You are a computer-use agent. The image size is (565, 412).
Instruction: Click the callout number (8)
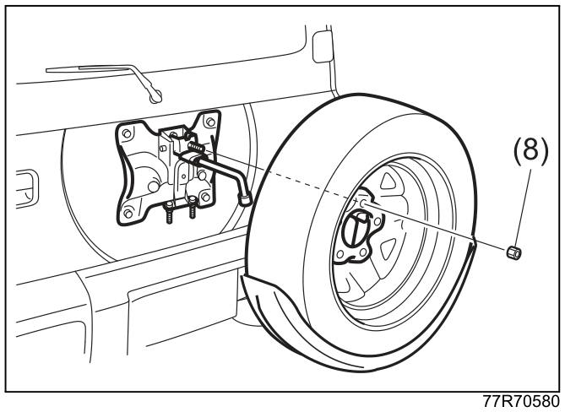click(x=530, y=149)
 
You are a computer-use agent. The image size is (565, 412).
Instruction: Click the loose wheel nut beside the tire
click(x=514, y=252)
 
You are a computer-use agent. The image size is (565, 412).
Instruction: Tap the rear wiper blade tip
click(x=156, y=95)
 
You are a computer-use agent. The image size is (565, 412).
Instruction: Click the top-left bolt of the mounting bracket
click(x=127, y=133)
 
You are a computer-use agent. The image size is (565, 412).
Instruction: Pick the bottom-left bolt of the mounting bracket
click(x=128, y=213)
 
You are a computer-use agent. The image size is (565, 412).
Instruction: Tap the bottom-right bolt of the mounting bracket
click(x=206, y=197)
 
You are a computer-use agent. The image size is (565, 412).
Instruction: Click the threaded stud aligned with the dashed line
click(x=197, y=147)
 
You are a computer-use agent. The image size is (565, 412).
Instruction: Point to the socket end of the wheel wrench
click(x=245, y=198)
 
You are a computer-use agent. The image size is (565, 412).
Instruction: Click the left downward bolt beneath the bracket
click(x=170, y=213)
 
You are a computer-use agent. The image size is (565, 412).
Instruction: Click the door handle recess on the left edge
click(x=27, y=189)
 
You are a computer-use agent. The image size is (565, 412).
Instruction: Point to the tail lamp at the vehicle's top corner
click(x=323, y=46)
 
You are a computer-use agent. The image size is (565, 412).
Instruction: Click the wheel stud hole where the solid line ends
click(x=363, y=203)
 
